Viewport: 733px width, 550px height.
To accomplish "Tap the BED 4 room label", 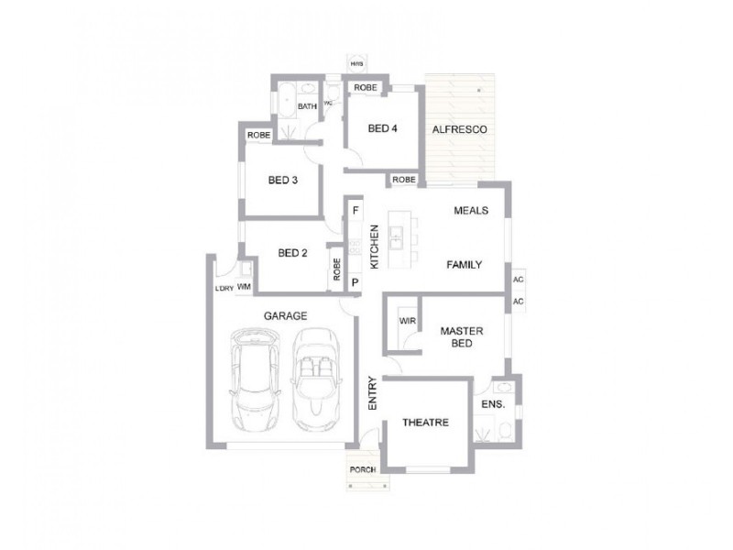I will pos(382,129).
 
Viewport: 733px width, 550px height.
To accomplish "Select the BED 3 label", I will pos(283,181).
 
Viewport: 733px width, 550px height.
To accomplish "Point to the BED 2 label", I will pos(291,254).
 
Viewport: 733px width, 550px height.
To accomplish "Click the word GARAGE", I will pos(285,316).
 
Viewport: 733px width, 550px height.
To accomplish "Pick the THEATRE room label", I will pos(425,423).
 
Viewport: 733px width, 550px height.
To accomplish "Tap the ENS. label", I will pos(493,402).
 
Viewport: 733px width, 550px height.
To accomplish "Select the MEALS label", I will pos(471,211).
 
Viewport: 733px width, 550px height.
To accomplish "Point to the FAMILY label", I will pos(464,264).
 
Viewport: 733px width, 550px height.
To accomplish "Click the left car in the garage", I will pos(257,383).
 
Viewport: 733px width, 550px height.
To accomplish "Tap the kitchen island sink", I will pos(397,241).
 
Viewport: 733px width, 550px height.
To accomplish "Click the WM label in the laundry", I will pos(244,287).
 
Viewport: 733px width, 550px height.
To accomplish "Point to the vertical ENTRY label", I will pos(373,392).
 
